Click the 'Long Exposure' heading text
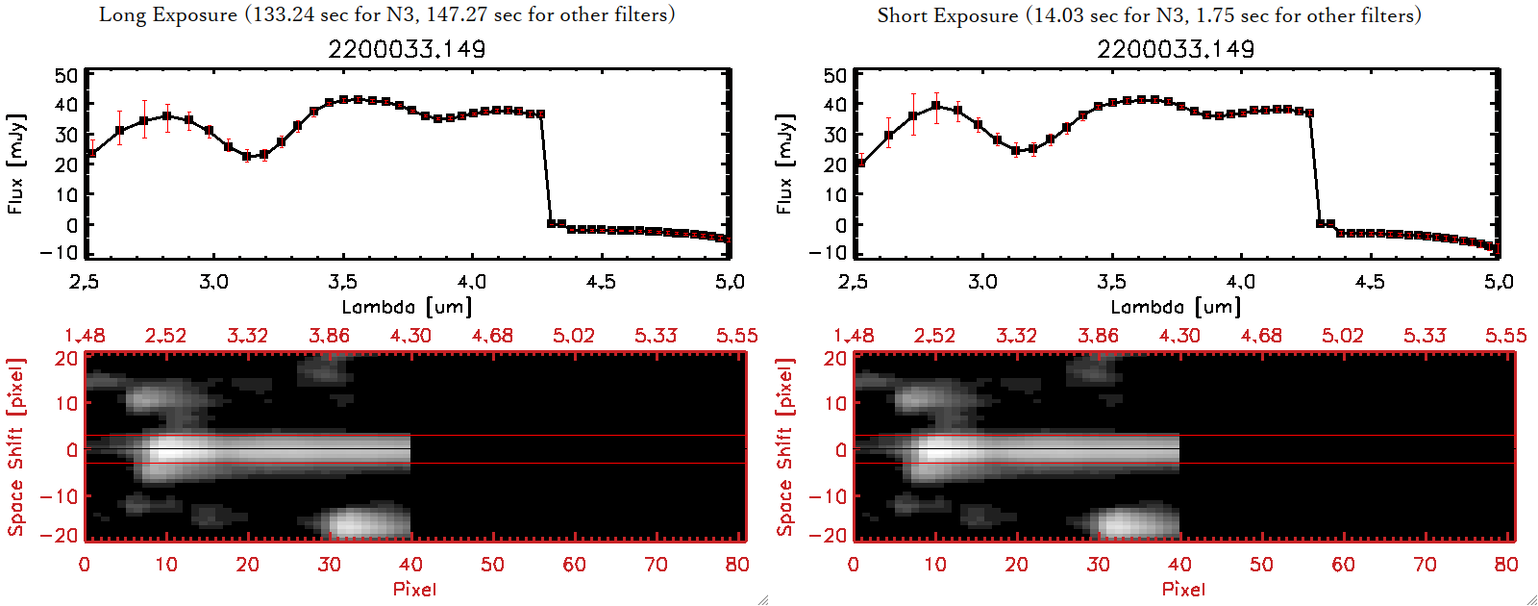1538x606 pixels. click(168, 14)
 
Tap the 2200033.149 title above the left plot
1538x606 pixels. click(407, 49)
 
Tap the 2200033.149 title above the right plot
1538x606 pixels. click(1176, 49)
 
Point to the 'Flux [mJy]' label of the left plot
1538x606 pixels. click(15, 164)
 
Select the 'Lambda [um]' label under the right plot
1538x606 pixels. click(1176, 307)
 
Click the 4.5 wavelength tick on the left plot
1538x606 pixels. click(601, 282)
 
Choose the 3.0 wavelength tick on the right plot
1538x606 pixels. click(982, 282)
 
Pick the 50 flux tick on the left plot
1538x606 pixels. click(66, 76)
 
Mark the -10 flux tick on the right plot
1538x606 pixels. click(829, 253)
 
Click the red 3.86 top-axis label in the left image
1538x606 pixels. click(329, 336)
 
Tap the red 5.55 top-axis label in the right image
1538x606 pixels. click(1505, 336)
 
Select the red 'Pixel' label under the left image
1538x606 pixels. click(414, 589)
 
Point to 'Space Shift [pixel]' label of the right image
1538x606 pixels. click(784, 447)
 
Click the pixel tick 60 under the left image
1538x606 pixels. click(574, 565)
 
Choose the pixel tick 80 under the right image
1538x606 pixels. click(1505, 565)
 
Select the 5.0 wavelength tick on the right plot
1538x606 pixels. click(1499, 282)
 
